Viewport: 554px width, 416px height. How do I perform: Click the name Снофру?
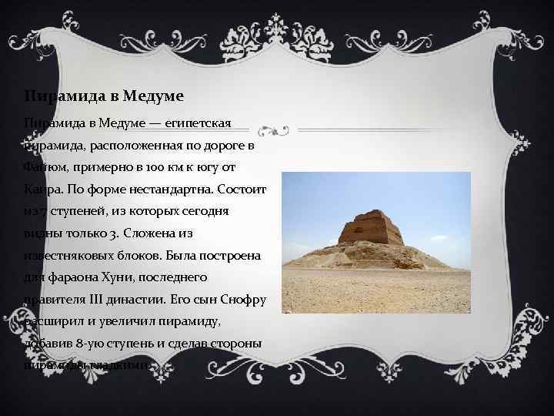[x=242, y=297]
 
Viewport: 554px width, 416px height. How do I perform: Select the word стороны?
[x=238, y=341]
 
